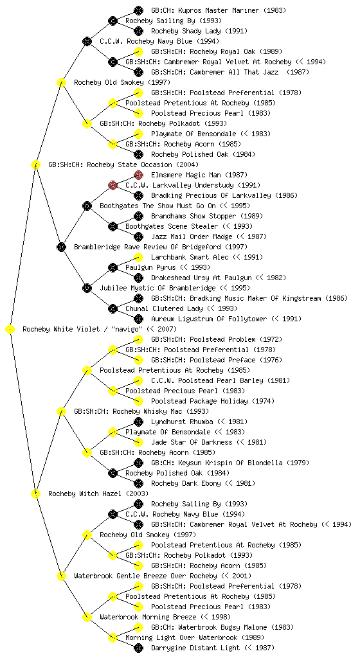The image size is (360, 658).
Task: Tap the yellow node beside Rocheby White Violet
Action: [10, 330]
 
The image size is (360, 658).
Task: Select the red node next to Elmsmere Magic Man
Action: [138, 175]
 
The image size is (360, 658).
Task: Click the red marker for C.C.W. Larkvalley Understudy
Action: [113, 185]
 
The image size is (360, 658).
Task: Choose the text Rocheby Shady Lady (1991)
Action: [199, 31]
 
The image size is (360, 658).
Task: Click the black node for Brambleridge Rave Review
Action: [61, 247]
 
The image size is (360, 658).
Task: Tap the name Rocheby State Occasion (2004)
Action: [123, 164]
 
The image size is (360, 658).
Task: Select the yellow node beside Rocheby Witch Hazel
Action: [35, 494]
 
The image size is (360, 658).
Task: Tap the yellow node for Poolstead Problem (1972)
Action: [138, 339]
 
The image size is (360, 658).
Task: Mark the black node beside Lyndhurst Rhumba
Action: [138, 422]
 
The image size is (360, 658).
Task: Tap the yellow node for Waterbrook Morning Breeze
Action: [87, 617]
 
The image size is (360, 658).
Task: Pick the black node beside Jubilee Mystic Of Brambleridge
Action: [87, 288]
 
